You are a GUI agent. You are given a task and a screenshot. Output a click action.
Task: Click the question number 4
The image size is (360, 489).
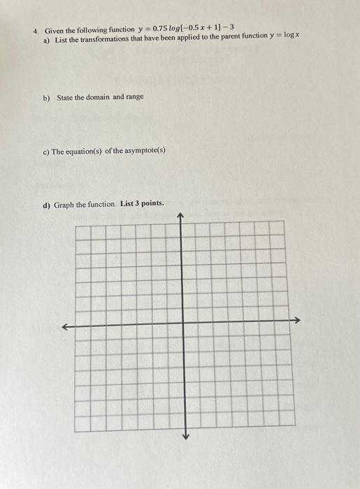click(36, 31)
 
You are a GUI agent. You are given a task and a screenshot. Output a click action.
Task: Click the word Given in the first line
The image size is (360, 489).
click(54, 31)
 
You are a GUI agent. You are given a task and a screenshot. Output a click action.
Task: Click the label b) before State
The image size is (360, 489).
click(47, 98)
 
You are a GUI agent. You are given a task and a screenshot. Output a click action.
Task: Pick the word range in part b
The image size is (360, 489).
click(135, 97)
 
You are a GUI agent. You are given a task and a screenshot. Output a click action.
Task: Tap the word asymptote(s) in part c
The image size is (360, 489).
click(145, 150)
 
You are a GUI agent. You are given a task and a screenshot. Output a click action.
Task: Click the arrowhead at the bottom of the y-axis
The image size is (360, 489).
click(185, 437)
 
